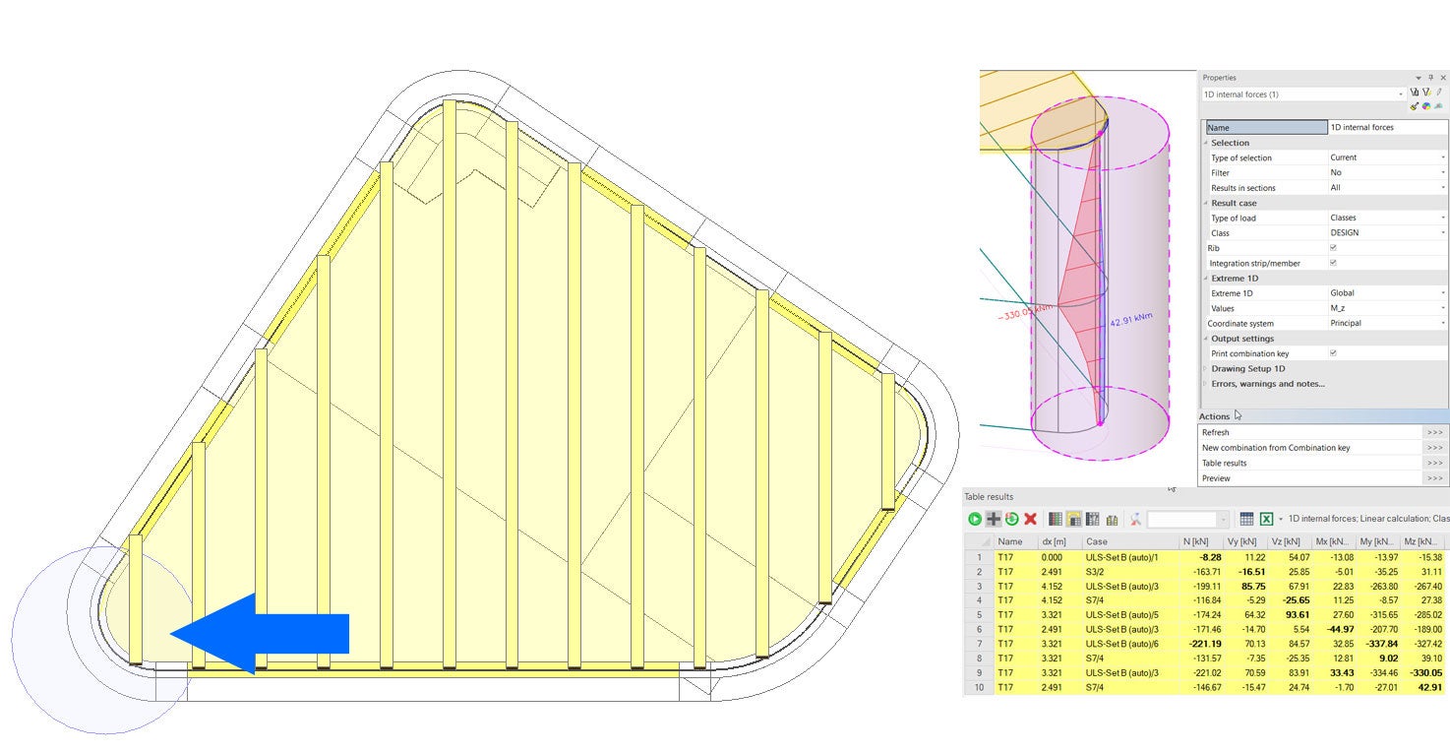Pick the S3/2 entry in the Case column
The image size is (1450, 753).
(x=1096, y=571)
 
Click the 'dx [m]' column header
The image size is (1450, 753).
(x=1055, y=541)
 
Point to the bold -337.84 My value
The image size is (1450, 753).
(x=1376, y=644)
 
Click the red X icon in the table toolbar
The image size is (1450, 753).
(x=1030, y=519)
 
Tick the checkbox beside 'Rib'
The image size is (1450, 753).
(x=1333, y=248)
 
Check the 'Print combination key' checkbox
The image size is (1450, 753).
(x=1333, y=352)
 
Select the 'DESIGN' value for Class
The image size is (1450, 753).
(x=1343, y=232)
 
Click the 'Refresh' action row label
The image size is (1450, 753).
(x=1216, y=432)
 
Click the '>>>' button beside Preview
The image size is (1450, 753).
(x=1434, y=478)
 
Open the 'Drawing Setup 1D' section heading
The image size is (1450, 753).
(x=1247, y=368)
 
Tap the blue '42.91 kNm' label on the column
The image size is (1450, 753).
(x=1130, y=320)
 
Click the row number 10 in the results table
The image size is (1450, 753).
(x=978, y=687)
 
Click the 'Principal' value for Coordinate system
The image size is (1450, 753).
(x=1346, y=323)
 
